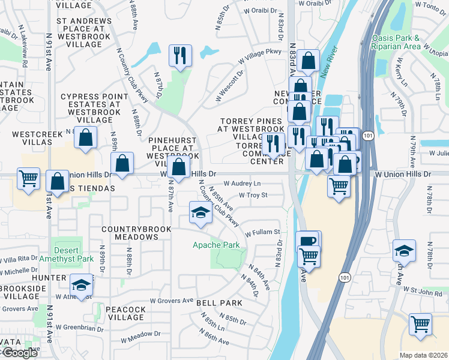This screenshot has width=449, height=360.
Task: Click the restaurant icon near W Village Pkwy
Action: pyautogui.click(x=180, y=56)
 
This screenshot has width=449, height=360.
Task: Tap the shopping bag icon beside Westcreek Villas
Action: pyautogui.click(x=86, y=137)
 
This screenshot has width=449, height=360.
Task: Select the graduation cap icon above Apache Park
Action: pyautogui.click(x=201, y=212)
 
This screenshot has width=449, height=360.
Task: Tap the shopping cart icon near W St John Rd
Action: pyautogui.click(x=420, y=325)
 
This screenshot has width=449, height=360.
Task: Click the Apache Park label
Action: pyautogui.click(x=216, y=245)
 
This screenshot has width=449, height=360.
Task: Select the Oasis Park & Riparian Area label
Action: pyautogui.click(x=412, y=41)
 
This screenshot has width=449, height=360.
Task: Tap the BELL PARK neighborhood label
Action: pyautogui.click(x=219, y=303)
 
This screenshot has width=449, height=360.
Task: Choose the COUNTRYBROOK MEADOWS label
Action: pyautogui.click(x=130, y=233)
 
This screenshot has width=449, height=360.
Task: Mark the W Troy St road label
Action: pyautogui.click(x=253, y=195)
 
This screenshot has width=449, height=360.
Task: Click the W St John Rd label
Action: pyautogui.click(x=423, y=292)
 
